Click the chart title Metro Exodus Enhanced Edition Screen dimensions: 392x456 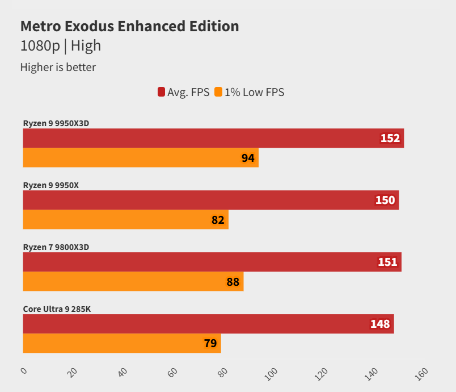tap(129, 26)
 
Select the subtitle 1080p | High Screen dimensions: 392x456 tap(61, 46)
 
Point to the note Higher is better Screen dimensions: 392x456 tap(58, 67)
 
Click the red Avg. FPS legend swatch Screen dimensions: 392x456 tap(161, 92)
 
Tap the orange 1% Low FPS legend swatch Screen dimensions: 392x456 tap(218, 92)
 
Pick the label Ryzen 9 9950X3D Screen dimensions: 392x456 tap(56, 123)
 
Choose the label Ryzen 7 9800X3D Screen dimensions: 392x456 tap(56, 247)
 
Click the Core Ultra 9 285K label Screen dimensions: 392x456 tap(57, 309)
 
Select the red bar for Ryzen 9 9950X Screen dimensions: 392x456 tap(210, 200)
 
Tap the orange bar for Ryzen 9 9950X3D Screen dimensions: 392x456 tap(141, 158)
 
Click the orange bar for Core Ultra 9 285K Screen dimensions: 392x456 tap(121, 343)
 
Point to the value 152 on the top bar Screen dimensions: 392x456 tap(390, 138)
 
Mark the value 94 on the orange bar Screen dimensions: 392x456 tap(248, 158)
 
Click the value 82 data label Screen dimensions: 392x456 tap(218, 220)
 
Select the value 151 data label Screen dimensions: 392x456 tap(388, 262)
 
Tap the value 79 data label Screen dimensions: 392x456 tap(210, 343)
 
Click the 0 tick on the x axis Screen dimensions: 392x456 tap(24, 371)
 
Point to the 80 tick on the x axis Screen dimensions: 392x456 tap(222, 372)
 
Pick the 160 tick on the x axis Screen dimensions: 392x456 tap(421, 373)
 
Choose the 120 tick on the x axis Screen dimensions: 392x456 tap(322, 373)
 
